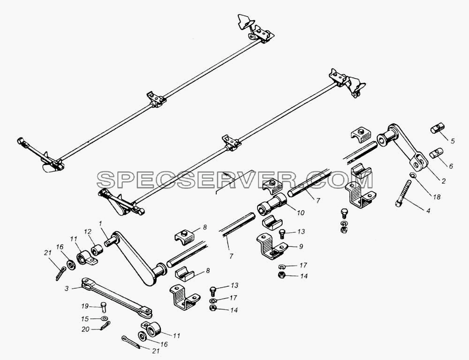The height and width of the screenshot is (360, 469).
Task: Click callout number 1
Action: click(x=100, y=223)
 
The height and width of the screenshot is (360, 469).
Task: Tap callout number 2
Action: click(x=444, y=181)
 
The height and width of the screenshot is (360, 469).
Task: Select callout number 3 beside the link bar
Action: click(x=67, y=289)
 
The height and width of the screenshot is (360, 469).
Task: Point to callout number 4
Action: click(x=428, y=211)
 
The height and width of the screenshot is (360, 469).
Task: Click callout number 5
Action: click(x=453, y=141)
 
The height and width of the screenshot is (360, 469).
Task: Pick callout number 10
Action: click(x=451, y=166)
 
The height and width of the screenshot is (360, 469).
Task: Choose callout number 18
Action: click(x=436, y=197)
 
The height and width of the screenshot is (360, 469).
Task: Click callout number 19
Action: click(x=85, y=306)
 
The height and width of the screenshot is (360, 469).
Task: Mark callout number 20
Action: click(x=85, y=329)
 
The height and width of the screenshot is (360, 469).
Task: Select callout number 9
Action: click(x=301, y=246)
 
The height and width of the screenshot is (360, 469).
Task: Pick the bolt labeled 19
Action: click(x=103, y=306)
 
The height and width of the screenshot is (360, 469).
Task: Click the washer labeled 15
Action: click(x=105, y=318)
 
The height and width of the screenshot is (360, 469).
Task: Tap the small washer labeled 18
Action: click(x=412, y=176)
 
